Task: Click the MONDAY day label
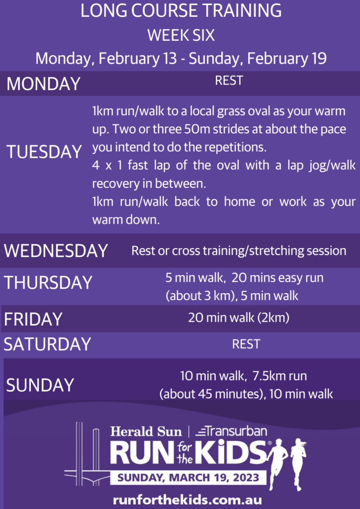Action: (x=43, y=84)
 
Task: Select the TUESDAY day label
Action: (x=44, y=152)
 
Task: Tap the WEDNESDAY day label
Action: (x=56, y=251)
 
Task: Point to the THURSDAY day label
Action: (x=48, y=282)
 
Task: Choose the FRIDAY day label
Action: (x=33, y=319)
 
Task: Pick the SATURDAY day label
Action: (x=47, y=344)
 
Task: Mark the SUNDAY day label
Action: (x=40, y=385)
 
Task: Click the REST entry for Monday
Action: (x=229, y=81)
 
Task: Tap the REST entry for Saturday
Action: (x=246, y=344)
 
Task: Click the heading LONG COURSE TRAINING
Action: (x=181, y=11)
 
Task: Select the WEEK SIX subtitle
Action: (x=181, y=35)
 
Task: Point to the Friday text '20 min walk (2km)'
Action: (x=239, y=318)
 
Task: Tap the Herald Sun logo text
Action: (x=146, y=432)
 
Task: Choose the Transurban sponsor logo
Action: (x=231, y=431)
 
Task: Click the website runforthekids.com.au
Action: (x=187, y=500)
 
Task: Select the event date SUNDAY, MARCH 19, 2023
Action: (x=188, y=478)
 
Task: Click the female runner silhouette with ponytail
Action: (x=299, y=464)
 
